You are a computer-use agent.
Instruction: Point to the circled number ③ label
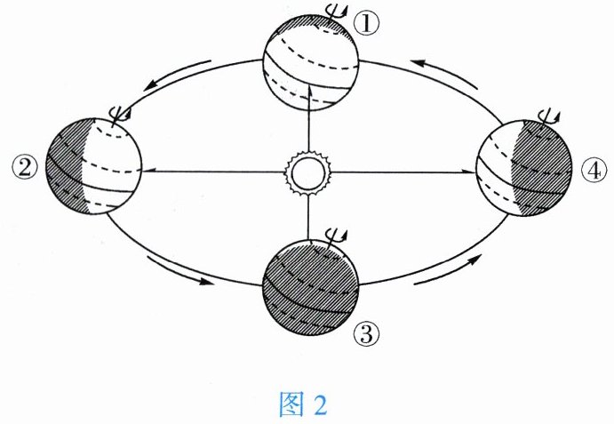pyautogui.click(x=366, y=335)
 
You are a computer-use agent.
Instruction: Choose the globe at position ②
pyautogui.click(x=93, y=164)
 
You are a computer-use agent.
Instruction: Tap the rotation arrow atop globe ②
pyautogui.click(x=117, y=113)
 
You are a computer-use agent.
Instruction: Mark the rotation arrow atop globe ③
pyautogui.click(x=336, y=237)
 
